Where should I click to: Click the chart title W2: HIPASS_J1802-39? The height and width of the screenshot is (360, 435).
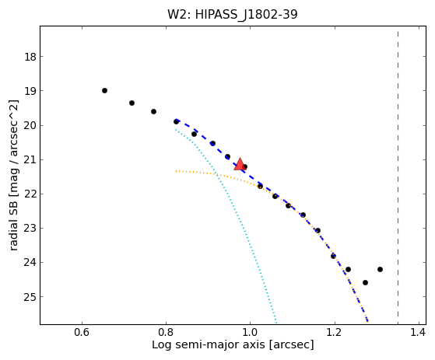tap(232, 14)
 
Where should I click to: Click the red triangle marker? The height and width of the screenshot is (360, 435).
tap(240, 164)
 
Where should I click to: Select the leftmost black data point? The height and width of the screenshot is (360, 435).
tap(104, 91)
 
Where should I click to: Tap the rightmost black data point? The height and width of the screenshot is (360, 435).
tap(380, 269)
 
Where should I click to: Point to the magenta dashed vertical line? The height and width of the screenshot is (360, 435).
tap(398, 177)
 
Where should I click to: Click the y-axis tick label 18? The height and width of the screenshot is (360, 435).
tap(30, 57)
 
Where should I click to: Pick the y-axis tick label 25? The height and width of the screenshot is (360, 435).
tap(30, 297)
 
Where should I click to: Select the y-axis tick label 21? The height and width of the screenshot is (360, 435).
tap(30, 160)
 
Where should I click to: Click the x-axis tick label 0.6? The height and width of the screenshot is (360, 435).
tap(82, 332)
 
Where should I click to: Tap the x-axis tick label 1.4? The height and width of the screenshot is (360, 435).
tap(418, 332)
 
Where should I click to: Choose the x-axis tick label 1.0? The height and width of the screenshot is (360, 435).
tap(250, 332)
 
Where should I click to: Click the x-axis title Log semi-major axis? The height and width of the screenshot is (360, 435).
tap(209, 344)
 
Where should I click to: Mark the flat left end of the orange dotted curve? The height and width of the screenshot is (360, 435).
tap(176, 171)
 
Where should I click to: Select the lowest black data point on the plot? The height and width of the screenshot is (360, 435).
tap(366, 283)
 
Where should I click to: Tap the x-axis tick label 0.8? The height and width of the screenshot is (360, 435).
tap(166, 332)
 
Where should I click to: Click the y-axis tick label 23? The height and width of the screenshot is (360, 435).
tap(30, 229)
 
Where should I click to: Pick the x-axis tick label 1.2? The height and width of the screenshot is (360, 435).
tap(334, 332)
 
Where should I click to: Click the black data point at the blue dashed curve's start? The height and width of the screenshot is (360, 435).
tap(176, 121)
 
